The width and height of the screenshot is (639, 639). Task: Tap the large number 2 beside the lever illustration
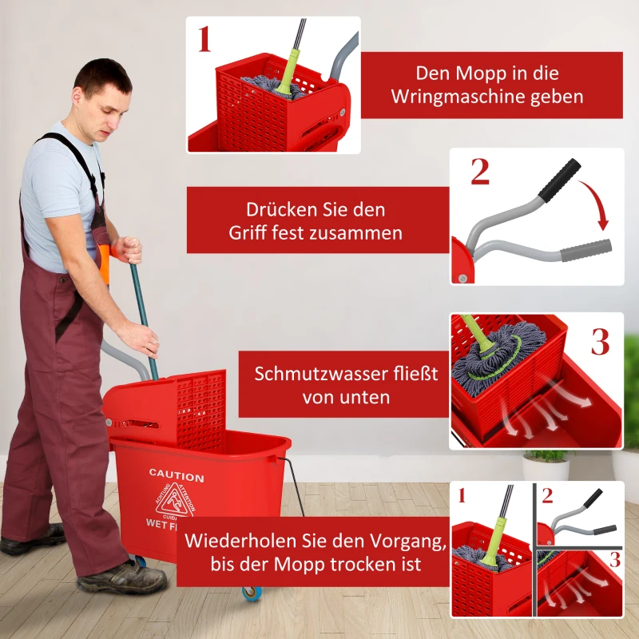tap(479, 172)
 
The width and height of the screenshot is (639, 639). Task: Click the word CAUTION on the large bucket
tap(177, 476)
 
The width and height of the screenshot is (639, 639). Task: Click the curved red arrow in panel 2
tap(595, 203)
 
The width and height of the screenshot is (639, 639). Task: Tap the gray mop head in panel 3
tap(487, 363)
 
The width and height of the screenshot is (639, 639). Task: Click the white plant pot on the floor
tap(546, 468)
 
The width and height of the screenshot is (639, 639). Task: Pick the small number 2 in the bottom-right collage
tap(547, 495)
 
